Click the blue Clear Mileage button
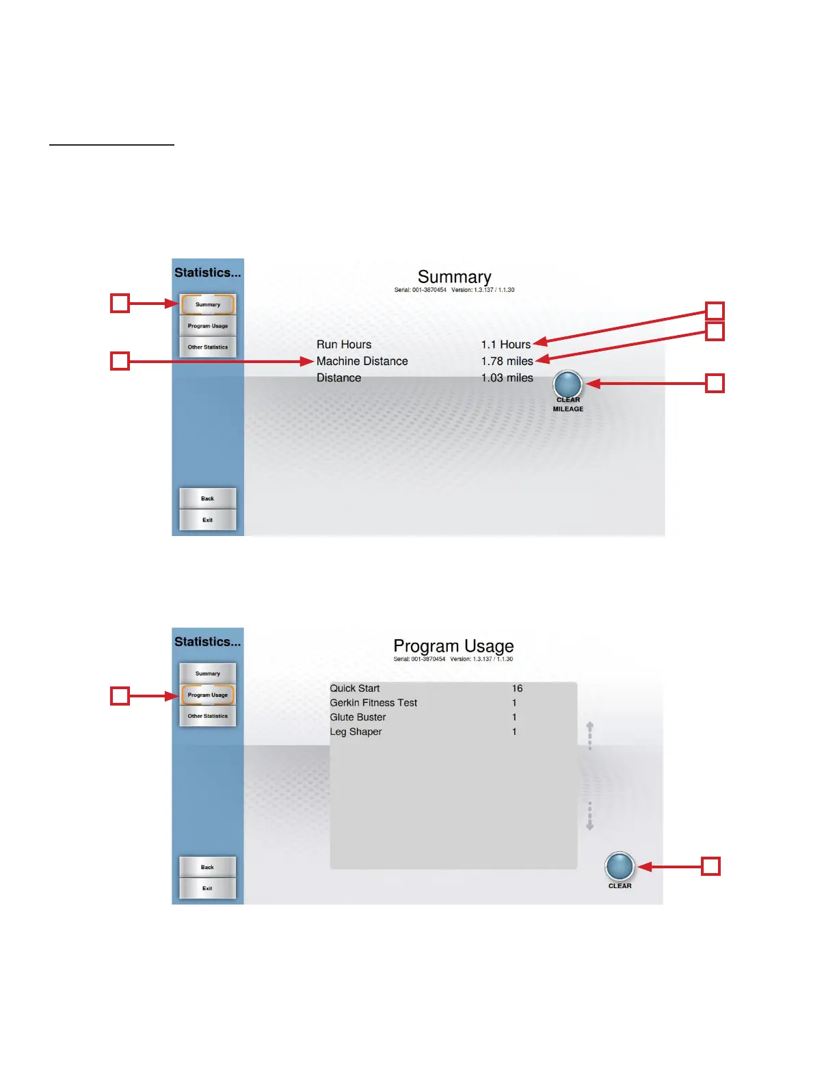[568, 385]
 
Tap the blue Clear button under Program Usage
[620, 866]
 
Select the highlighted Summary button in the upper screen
[208, 304]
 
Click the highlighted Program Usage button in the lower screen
[208, 695]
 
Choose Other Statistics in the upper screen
[208, 347]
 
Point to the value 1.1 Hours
[505, 345]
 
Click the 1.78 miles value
[507, 361]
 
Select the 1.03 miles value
[507, 377]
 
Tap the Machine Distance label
[362, 361]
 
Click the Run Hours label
[344, 345]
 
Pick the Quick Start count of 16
[517, 688]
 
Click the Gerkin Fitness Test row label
[373, 703]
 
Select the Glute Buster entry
[358, 717]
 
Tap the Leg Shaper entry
[356, 732]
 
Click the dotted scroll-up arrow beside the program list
[589, 735]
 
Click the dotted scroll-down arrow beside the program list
[589, 816]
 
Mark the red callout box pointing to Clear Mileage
[715, 383]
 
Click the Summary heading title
[454, 277]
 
